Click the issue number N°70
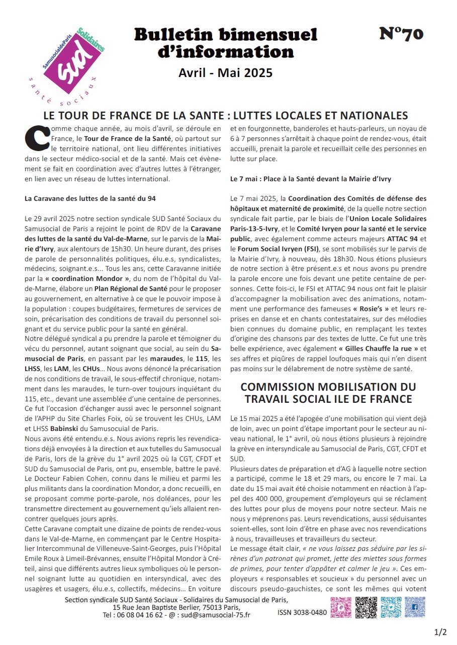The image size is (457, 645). [401, 34]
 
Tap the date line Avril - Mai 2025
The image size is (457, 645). [225, 73]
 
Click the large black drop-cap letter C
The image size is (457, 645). [36, 137]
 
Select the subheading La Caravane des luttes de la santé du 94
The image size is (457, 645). [90, 198]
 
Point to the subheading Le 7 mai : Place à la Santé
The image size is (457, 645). [310, 179]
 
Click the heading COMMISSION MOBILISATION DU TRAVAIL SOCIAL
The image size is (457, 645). [328, 393]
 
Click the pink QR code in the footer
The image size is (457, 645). [341, 607]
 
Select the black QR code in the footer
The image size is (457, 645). [366, 607]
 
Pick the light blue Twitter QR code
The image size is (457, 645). [391, 607]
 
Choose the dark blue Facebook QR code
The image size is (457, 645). [415, 607]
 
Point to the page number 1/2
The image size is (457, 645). [440, 631]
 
